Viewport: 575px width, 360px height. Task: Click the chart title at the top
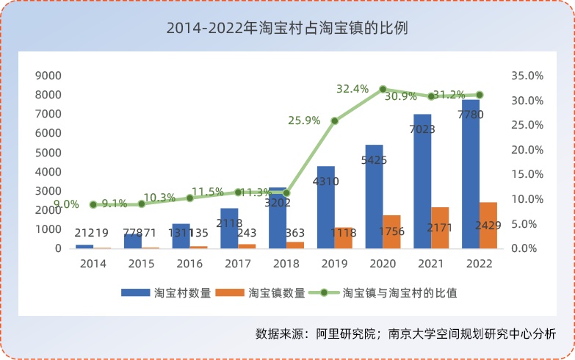click(287, 29)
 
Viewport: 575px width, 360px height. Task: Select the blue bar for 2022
click(470, 184)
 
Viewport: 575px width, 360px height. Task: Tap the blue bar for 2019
click(326, 209)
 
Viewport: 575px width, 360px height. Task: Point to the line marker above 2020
click(383, 89)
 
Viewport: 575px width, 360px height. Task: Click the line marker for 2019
click(335, 120)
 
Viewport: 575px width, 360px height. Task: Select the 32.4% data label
click(352, 89)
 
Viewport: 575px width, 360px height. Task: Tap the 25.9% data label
click(305, 120)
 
